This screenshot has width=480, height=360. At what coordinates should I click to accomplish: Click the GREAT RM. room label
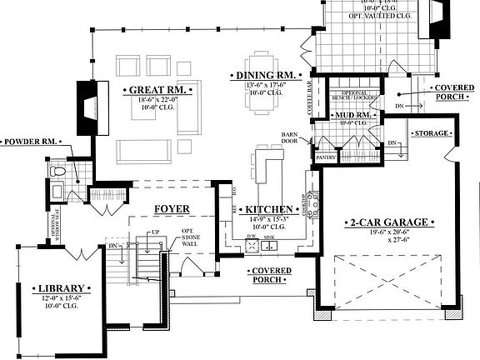click(157, 89)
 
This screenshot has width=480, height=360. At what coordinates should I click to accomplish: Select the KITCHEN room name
click(267, 208)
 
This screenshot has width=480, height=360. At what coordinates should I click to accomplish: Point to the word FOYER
click(172, 208)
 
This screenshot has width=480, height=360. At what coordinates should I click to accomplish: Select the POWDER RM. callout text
click(32, 142)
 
